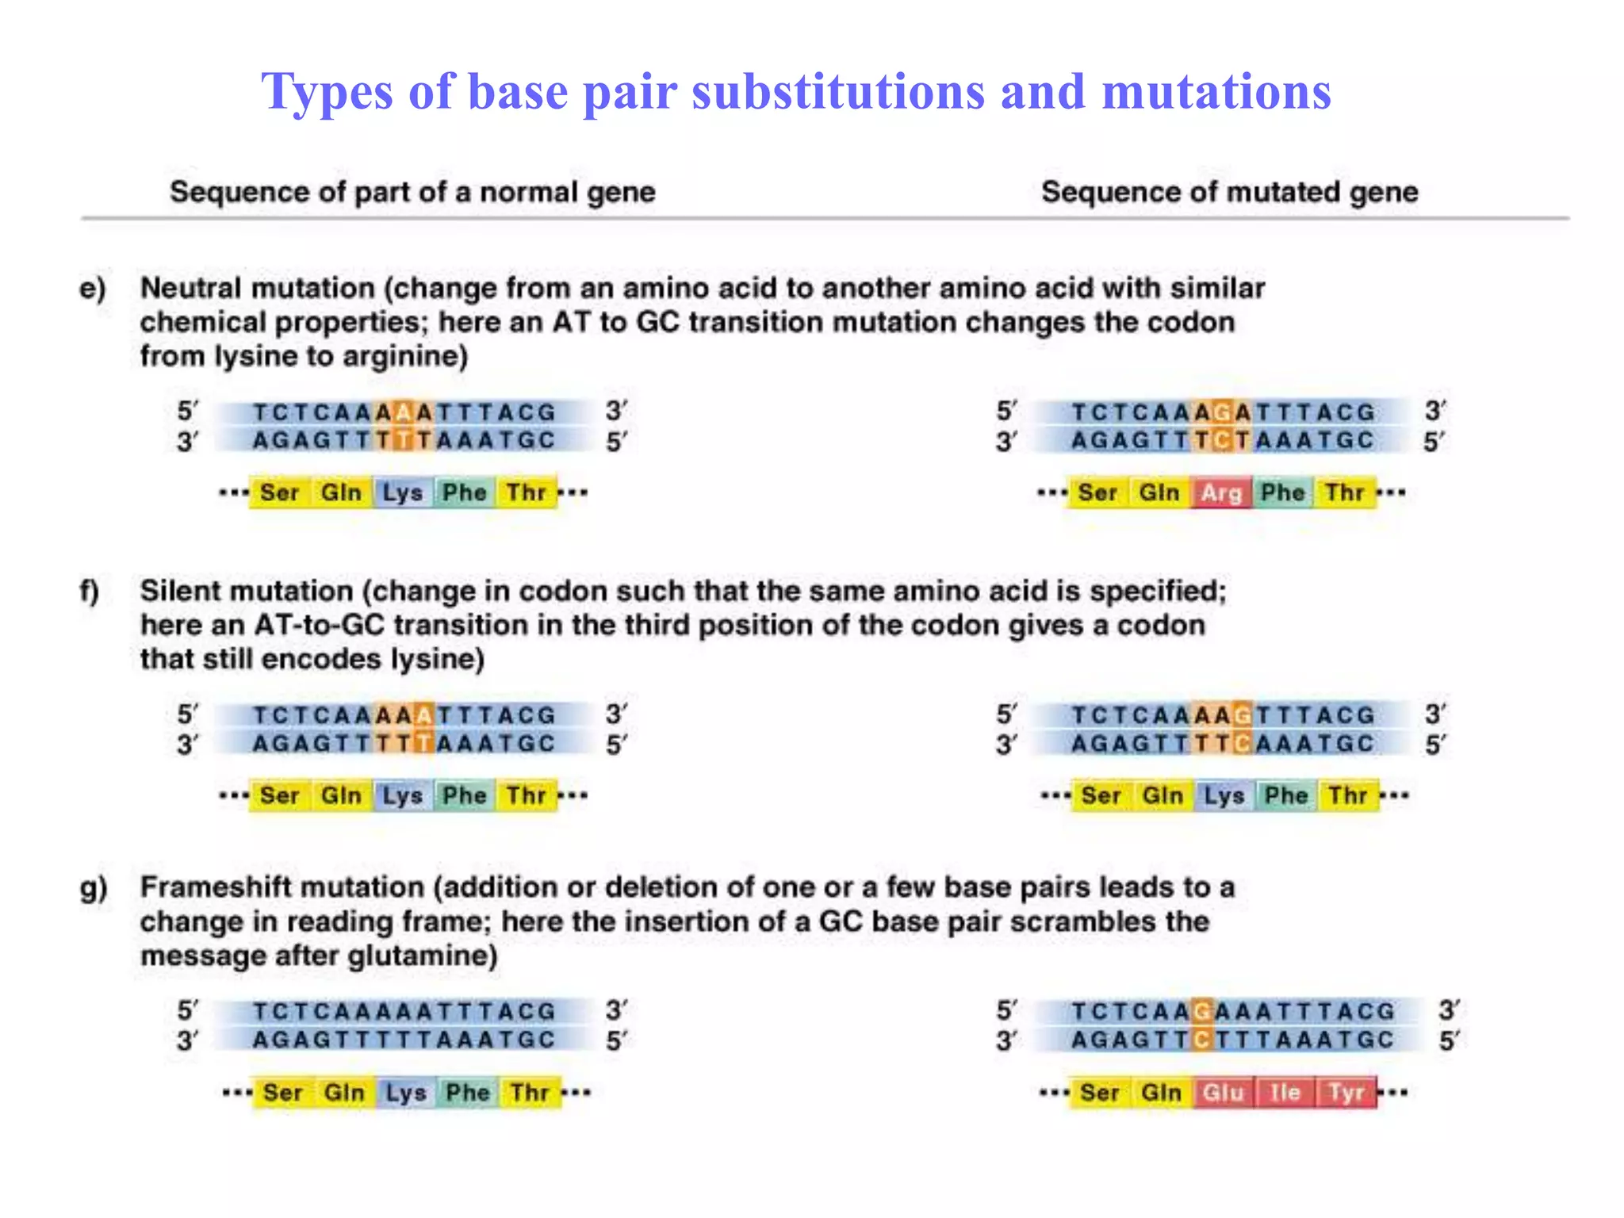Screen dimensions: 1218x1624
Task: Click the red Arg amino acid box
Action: click(1221, 493)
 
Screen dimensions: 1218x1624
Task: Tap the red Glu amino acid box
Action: click(1223, 1093)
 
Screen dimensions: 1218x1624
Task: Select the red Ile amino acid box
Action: click(1285, 1093)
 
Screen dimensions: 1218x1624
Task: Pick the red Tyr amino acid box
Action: click(1346, 1093)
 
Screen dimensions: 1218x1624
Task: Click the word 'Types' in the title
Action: click(327, 92)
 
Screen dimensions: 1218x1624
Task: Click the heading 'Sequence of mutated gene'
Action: click(1229, 193)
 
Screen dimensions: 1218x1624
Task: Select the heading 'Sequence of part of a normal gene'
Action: click(412, 193)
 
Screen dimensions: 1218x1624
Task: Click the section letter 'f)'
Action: click(90, 592)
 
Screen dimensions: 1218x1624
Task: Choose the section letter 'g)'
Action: click(94, 888)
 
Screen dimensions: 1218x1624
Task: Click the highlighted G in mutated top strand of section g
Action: click(1202, 1011)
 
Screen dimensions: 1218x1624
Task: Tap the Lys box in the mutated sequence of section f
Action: click(1224, 795)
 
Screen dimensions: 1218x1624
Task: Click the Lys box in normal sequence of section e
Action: click(403, 493)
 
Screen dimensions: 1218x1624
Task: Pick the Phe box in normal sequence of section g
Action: click(468, 1093)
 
